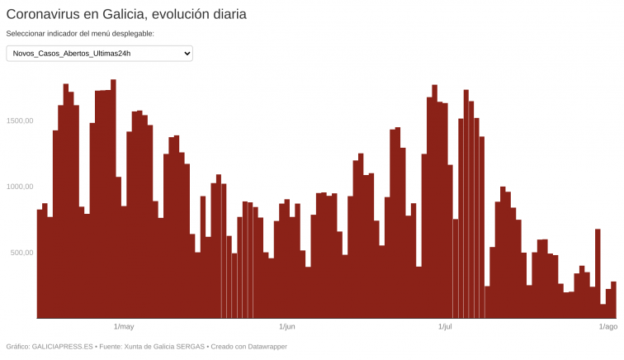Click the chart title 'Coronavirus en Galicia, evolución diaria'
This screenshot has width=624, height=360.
click(126, 14)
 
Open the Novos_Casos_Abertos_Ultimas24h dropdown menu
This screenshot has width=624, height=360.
click(99, 54)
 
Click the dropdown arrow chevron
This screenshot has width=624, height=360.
click(187, 54)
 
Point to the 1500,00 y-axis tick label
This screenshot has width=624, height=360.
click(19, 121)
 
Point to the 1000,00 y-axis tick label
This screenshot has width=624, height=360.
click(19, 187)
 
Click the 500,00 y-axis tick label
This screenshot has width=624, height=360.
click(21, 253)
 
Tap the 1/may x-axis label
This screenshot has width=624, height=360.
click(124, 327)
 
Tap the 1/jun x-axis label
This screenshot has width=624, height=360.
click(287, 327)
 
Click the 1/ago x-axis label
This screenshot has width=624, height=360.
click(607, 327)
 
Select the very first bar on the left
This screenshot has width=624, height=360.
click(40, 264)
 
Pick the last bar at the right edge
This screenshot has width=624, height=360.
click(613, 300)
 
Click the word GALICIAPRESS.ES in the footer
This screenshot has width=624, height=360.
click(64, 347)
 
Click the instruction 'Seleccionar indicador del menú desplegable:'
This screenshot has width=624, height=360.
click(80, 34)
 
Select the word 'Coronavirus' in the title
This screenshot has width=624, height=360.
click(43, 14)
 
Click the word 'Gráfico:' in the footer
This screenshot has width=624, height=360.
click(17, 347)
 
